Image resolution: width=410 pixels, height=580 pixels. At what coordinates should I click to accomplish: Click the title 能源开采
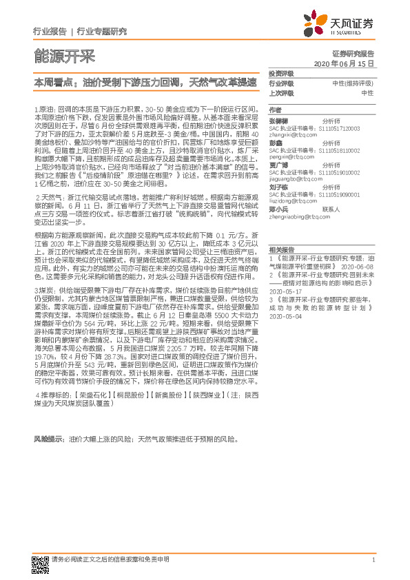[64, 56]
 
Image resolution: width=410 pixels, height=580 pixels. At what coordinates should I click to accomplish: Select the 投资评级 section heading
[280, 73]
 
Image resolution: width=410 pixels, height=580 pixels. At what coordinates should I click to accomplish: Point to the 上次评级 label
[281, 92]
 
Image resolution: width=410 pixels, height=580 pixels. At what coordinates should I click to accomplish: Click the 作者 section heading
[275, 110]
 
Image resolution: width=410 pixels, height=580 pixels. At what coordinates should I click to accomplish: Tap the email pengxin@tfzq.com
[289, 158]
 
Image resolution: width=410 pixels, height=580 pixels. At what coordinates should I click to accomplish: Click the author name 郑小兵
[278, 209]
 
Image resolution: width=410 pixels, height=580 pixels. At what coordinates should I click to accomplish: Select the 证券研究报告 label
[353, 53]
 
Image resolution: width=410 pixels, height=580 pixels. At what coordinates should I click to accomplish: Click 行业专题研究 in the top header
[102, 32]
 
